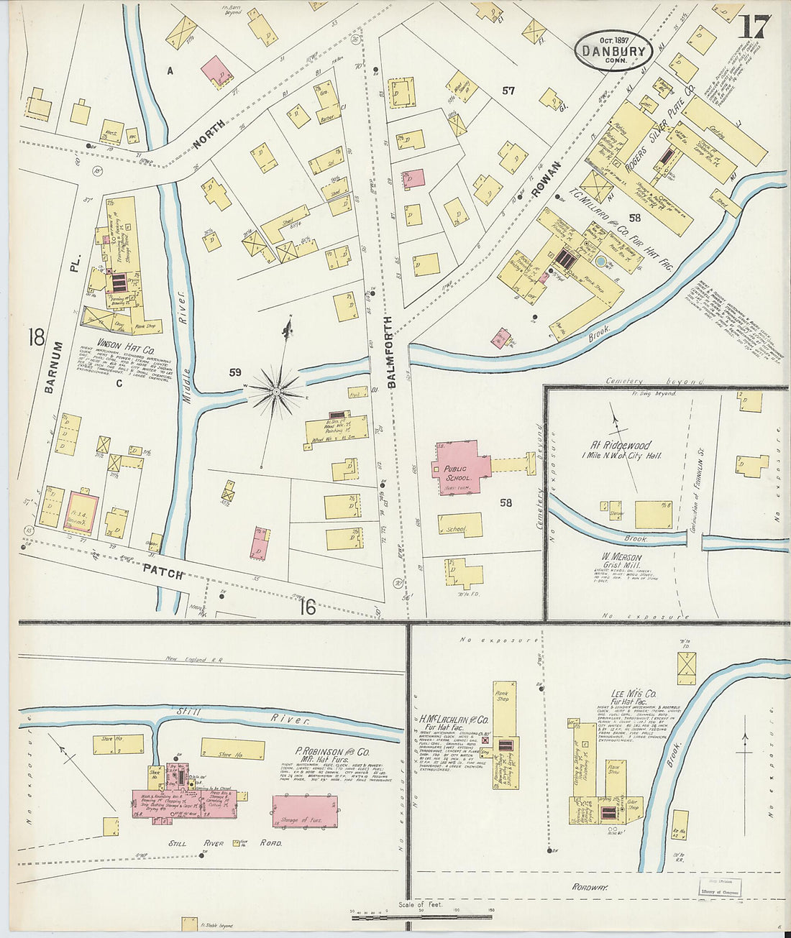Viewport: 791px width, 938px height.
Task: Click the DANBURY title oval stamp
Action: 613,50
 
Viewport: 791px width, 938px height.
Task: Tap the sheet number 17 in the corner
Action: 753,27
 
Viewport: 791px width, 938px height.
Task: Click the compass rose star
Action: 277,390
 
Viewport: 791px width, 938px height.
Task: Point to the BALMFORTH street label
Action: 391,351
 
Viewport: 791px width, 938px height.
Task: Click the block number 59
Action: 234,372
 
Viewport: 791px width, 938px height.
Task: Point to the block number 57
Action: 508,91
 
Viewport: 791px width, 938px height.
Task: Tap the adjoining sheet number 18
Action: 36,337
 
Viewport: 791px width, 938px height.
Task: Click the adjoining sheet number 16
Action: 307,607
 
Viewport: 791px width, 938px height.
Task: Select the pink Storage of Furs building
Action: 305,811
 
